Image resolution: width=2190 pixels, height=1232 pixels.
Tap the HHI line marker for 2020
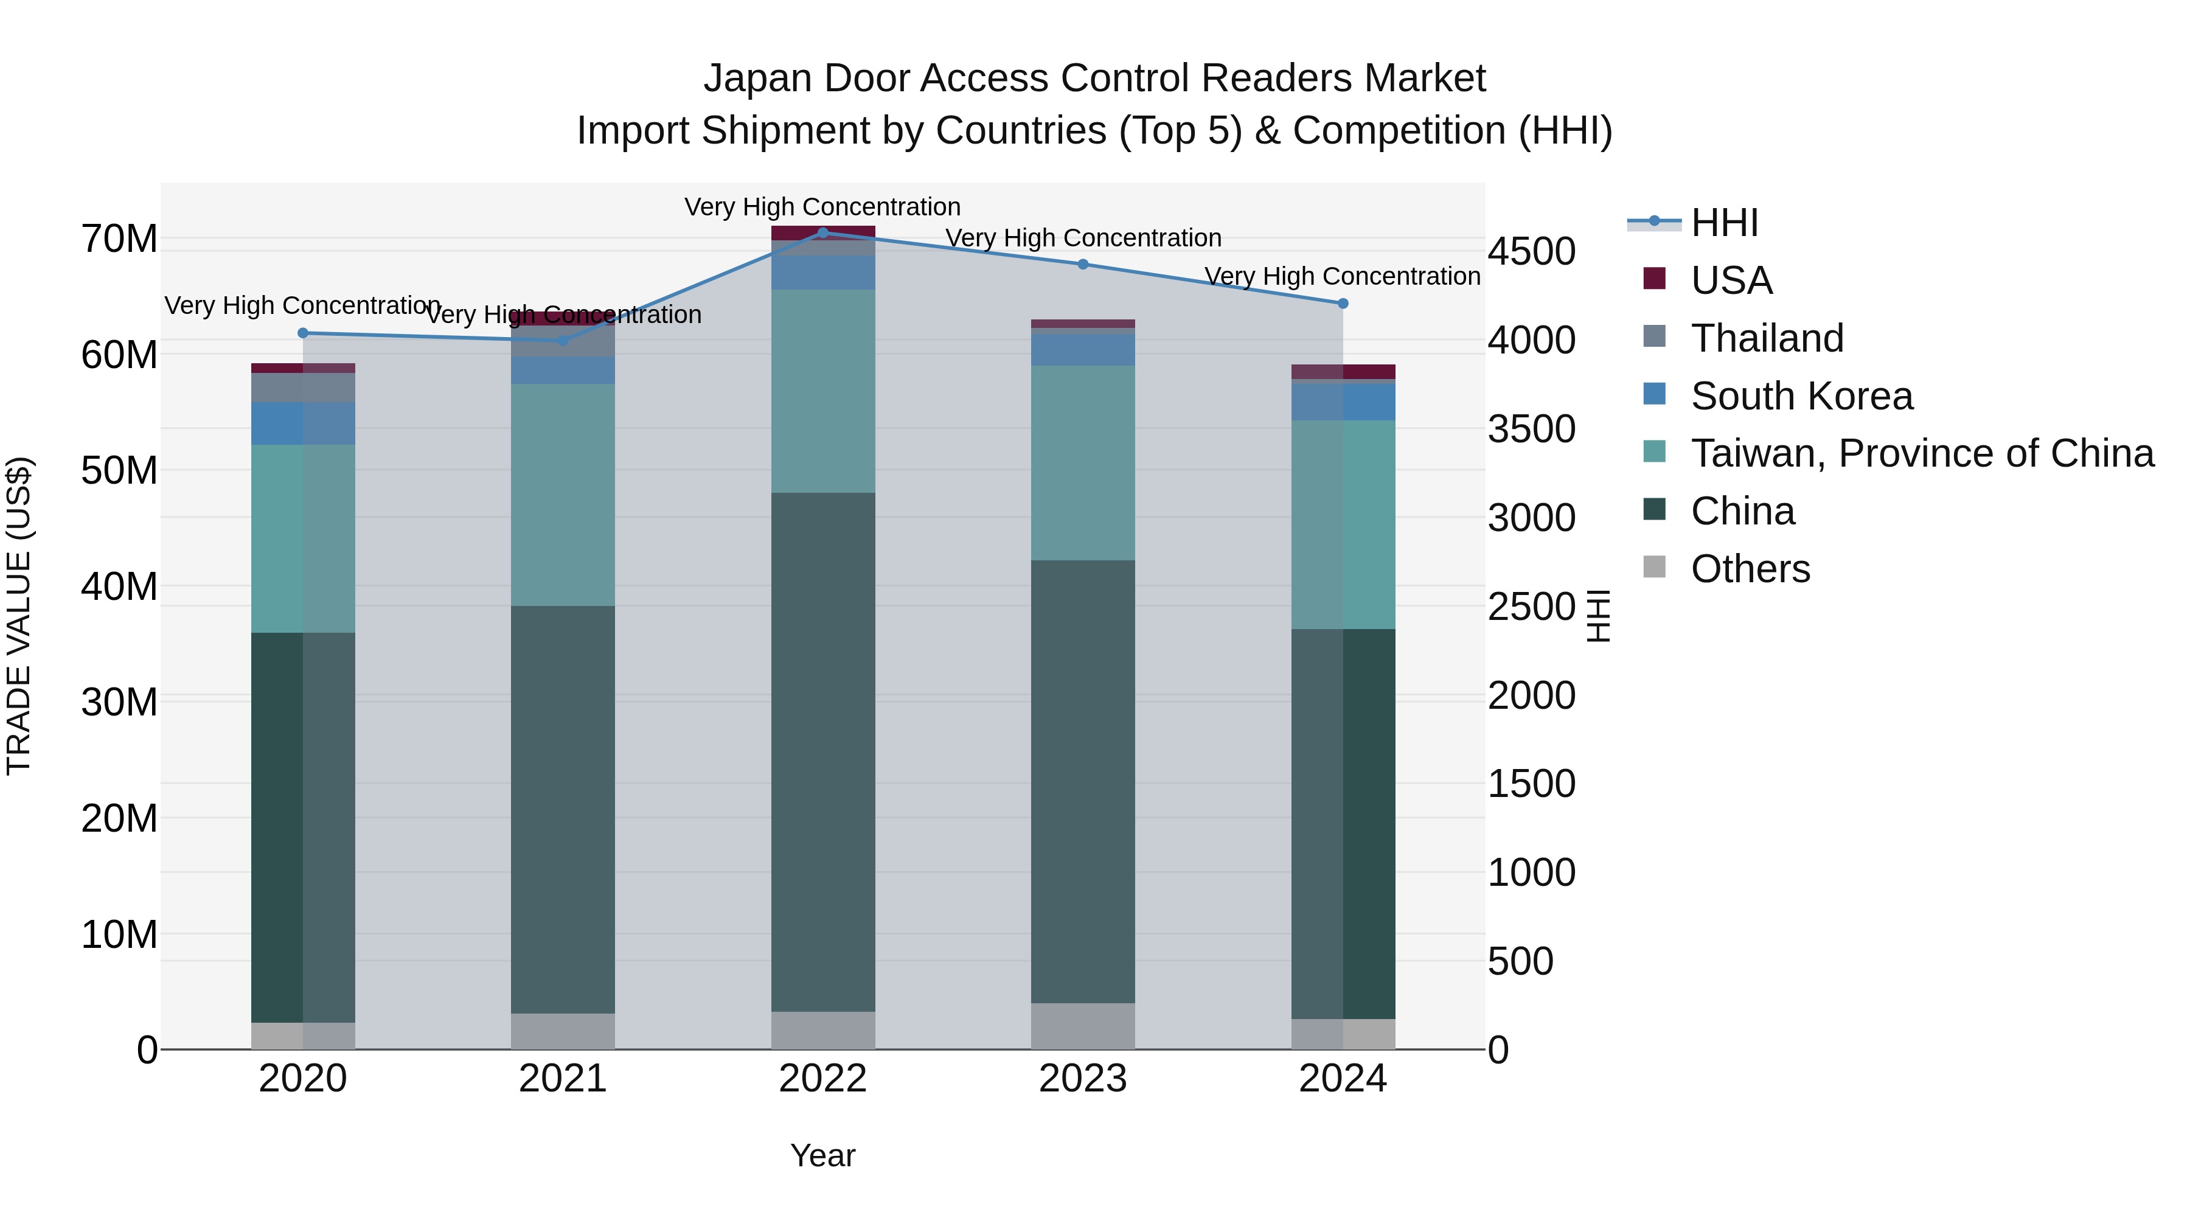[303, 333]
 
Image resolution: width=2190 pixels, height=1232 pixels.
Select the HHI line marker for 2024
[1343, 304]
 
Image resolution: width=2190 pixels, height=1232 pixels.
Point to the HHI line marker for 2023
[1082, 265]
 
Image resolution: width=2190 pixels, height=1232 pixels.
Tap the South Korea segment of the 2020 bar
[303, 423]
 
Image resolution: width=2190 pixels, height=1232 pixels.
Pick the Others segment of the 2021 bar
[562, 1031]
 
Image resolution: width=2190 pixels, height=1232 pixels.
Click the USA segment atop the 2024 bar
[1343, 372]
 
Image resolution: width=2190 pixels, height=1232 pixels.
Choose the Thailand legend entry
[1767, 338]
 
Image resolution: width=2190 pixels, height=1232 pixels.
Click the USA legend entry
[1731, 280]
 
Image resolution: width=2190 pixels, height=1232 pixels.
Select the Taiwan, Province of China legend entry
[1921, 453]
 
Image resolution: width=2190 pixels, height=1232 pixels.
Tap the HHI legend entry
[1724, 223]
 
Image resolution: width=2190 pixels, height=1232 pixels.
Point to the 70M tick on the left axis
[119, 239]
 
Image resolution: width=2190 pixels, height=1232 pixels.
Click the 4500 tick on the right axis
[1531, 252]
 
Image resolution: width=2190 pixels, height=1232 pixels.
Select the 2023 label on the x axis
[1082, 1079]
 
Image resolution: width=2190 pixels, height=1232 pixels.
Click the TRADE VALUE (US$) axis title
[19, 616]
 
